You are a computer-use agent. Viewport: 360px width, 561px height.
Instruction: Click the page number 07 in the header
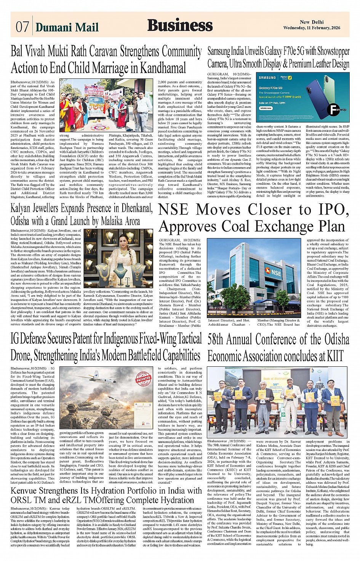click(x=22, y=27)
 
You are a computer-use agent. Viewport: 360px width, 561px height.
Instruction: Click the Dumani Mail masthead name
click(x=67, y=27)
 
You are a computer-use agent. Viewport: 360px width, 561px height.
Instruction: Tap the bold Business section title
click(x=180, y=25)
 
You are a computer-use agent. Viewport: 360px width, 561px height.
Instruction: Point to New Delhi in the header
click(x=312, y=22)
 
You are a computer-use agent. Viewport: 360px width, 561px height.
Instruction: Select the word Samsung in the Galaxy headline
click(x=219, y=51)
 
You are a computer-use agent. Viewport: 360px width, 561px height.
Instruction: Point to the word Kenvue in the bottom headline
click(x=24, y=491)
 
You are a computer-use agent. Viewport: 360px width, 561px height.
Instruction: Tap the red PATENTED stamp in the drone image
click(x=143, y=379)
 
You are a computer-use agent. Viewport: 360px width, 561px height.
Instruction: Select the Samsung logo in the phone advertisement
click(x=267, y=78)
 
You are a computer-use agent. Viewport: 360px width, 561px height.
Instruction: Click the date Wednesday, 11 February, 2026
click(x=312, y=28)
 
